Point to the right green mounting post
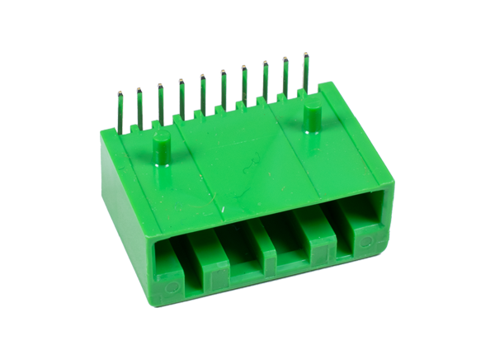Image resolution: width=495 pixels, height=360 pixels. click(312, 117)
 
